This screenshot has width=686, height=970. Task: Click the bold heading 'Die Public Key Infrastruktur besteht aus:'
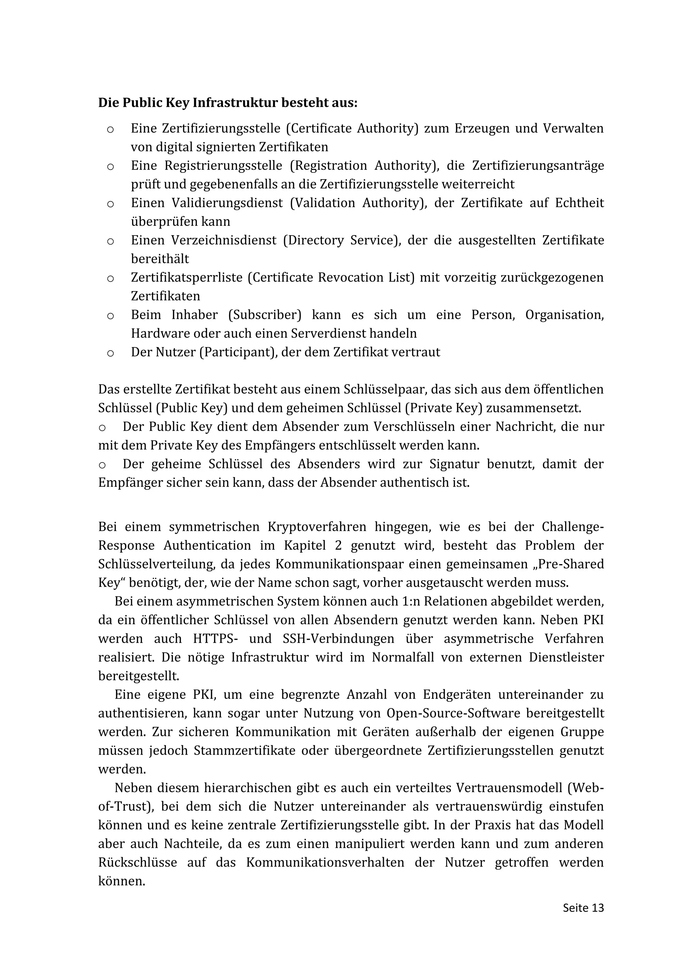click(228, 103)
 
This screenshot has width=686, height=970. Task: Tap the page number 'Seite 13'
click(583, 907)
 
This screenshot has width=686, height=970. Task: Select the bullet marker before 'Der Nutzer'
click(110, 353)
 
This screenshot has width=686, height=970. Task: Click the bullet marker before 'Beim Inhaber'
click(110, 316)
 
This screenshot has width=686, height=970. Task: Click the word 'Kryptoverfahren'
click(317, 527)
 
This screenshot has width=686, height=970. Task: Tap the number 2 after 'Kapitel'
click(338, 545)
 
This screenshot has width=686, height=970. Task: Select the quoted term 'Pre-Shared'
click(570, 564)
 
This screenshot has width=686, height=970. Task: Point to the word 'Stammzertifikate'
click(245, 750)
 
